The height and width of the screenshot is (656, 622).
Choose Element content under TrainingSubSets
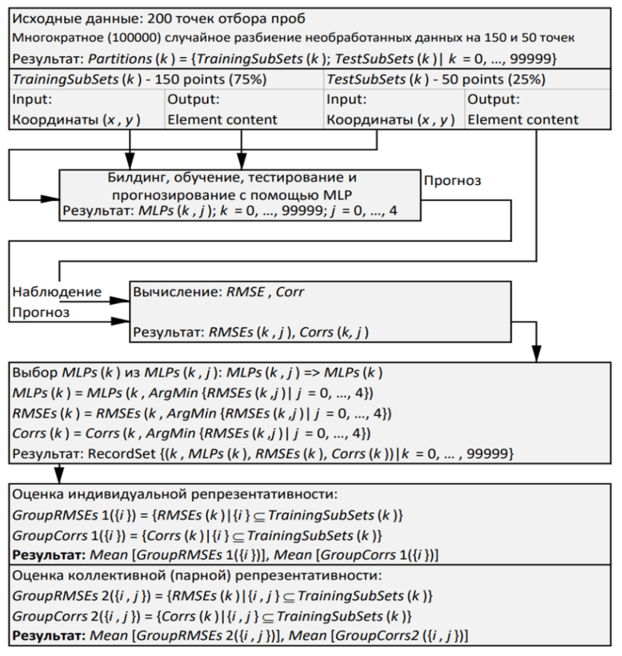pos(223,119)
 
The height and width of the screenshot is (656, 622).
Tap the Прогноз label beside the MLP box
pos(452,181)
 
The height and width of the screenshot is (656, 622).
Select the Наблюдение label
pos(57,292)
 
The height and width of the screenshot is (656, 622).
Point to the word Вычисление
pos(166,292)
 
